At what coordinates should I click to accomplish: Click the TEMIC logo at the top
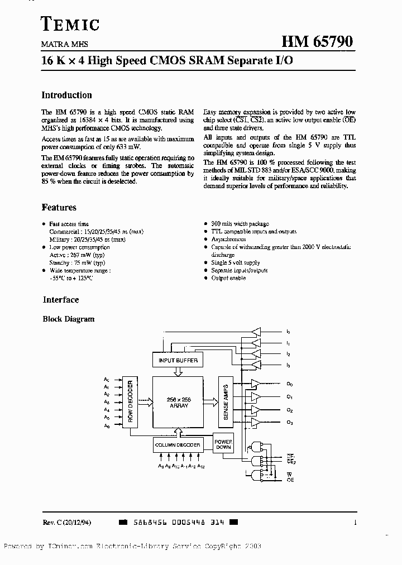pyautogui.click(x=71, y=24)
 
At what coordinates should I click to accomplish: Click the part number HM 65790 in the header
pyautogui.click(x=317, y=42)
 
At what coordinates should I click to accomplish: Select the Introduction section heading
pyautogui.click(x=67, y=95)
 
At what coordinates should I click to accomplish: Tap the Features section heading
pyautogui.click(x=59, y=207)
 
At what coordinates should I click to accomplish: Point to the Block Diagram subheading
pyautogui.click(x=69, y=319)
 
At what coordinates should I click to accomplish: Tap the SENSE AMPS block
pyautogui.click(x=226, y=401)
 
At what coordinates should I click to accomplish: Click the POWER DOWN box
pyautogui.click(x=223, y=444)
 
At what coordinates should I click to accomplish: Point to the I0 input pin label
pyautogui.click(x=289, y=332)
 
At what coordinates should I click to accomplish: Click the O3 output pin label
pyautogui.click(x=290, y=423)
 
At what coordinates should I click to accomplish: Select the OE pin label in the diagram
pyautogui.click(x=290, y=480)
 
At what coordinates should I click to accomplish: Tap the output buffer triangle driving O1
pyautogui.click(x=255, y=396)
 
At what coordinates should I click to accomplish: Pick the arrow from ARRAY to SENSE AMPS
pyautogui.click(x=210, y=401)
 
